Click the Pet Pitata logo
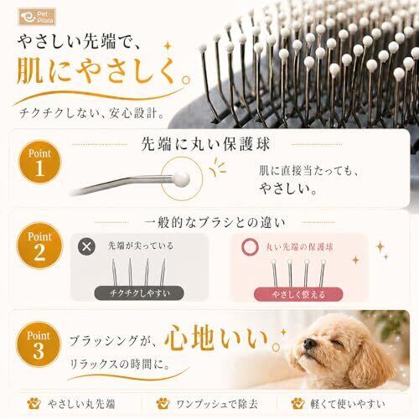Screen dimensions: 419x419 click(x=37, y=17)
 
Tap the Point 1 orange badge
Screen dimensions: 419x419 click(x=39, y=162)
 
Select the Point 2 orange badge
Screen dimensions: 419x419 click(x=39, y=246)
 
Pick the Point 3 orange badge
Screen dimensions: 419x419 click(x=39, y=344)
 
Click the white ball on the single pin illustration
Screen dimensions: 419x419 click(x=181, y=178)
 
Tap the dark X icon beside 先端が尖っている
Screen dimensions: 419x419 click(x=86, y=246)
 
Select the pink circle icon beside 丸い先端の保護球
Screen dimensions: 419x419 click(x=250, y=247)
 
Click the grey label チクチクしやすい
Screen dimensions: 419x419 click(x=139, y=293)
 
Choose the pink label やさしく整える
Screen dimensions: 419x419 click(x=298, y=294)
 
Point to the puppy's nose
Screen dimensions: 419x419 click(x=310, y=343)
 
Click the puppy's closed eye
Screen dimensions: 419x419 click(x=337, y=343)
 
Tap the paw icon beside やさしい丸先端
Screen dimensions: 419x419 click(x=34, y=403)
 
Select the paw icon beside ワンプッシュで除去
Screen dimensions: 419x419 click(x=163, y=403)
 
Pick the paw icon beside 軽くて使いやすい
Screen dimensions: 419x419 click(x=297, y=403)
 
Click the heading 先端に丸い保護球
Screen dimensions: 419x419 click(x=205, y=144)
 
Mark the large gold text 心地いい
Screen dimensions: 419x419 click(x=216, y=338)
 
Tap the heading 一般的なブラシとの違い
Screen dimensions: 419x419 click(x=215, y=223)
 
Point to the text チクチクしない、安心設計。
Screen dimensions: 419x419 click(x=91, y=113)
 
